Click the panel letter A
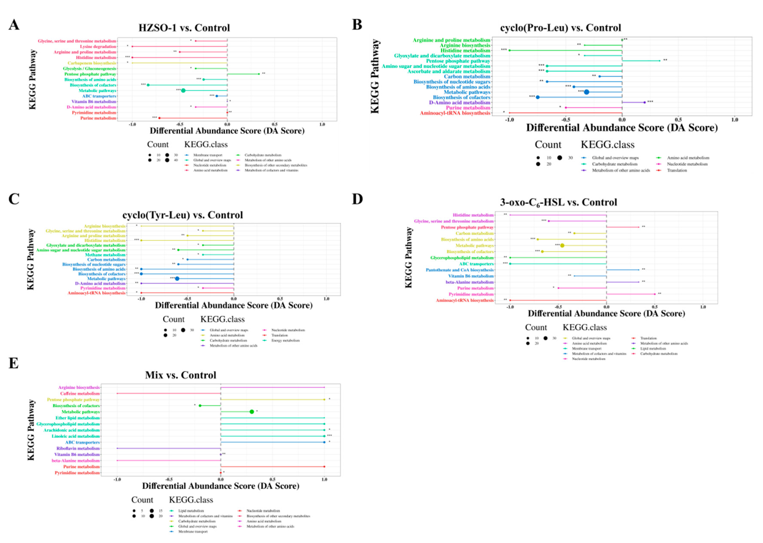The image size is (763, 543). (14, 25)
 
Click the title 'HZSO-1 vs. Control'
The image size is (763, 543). (184, 28)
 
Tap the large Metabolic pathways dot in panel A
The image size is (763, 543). (183, 91)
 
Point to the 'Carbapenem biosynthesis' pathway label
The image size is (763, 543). (92, 63)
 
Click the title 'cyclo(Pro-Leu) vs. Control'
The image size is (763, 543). (561, 28)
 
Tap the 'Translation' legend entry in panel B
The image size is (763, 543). (677, 171)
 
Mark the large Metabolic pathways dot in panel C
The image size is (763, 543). (177, 279)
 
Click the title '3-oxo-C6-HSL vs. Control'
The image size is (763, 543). (558, 203)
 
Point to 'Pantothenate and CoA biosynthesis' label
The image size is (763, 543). (459, 270)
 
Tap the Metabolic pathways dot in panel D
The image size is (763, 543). (562, 245)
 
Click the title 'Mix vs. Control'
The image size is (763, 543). (180, 375)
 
